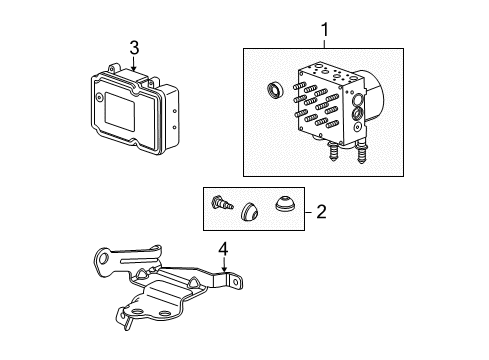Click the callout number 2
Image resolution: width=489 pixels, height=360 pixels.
[321, 211]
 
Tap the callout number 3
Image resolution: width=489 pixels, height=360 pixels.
[133, 46]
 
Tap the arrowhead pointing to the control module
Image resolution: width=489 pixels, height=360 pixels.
[133, 67]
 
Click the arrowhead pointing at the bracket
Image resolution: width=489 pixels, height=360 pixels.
[222, 272]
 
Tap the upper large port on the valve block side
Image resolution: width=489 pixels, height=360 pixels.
[358, 101]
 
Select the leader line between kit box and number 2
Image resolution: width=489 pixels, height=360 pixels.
[307, 211]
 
